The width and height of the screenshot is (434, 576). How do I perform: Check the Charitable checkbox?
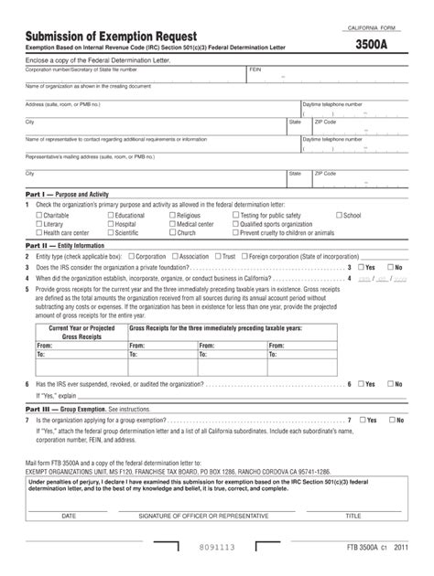click(38, 216)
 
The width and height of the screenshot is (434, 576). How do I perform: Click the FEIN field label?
click(255, 69)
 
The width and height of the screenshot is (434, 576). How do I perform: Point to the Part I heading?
click(62, 196)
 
